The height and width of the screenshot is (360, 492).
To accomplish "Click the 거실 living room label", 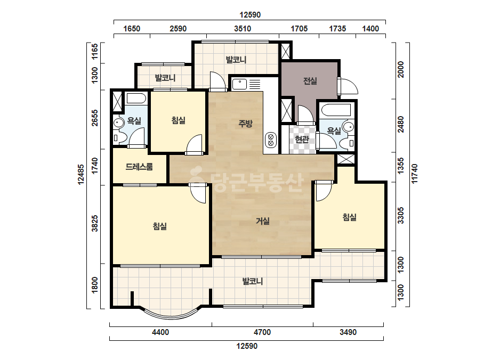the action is pos(263,222).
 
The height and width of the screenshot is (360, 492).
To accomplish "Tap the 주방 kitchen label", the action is pos(245,124).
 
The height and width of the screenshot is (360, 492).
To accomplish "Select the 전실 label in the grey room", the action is pos(310,81).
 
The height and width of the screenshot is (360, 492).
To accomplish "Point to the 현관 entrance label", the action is pos(302,139).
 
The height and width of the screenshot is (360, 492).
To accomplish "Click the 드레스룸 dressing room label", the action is pos(139,167).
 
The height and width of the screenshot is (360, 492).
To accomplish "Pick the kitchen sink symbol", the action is pos(239,84).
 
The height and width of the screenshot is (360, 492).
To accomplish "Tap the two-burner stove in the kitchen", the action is pos(270,140).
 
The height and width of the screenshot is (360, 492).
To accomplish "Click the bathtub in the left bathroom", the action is pos(136,99).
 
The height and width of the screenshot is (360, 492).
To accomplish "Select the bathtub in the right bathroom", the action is pos(336,110).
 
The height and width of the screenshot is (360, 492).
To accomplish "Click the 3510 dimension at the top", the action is pos(243,29).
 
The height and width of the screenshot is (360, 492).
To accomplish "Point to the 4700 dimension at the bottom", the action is pos(262,332).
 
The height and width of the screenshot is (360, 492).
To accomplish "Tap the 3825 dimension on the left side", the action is pos(95,224).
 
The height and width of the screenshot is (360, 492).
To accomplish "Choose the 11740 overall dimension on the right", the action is pos(415,174).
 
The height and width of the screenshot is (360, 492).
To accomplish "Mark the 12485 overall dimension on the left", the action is pos(81,175).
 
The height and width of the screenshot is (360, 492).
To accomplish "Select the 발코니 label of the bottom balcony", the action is pos(253,281).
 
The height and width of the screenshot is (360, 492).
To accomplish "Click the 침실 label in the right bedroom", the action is pos(349,217).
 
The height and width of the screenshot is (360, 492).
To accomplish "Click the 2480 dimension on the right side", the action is pos(401,125).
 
